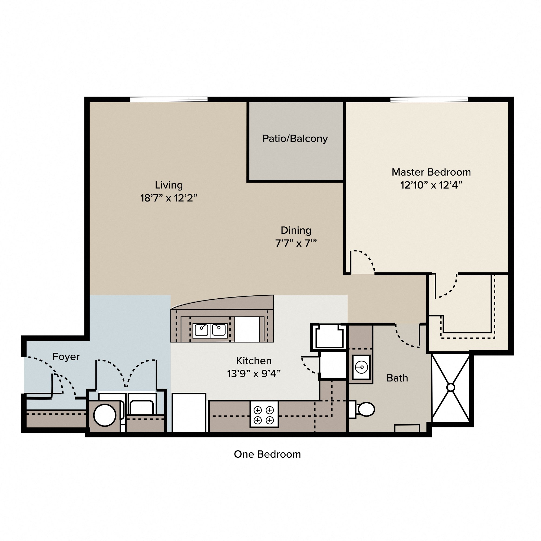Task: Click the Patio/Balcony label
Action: (x=295, y=138)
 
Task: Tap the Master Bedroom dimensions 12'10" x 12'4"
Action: (x=431, y=185)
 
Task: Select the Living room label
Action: (x=169, y=185)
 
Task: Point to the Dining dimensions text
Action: (x=296, y=243)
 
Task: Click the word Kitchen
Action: (x=254, y=361)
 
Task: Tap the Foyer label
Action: (x=66, y=357)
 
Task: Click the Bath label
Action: (x=397, y=378)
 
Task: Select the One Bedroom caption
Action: (x=267, y=454)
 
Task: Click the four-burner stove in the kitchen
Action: (x=264, y=414)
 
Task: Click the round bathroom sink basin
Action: (x=361, y=367)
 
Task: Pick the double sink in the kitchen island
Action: (x=210, y=331)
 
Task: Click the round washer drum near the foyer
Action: (x=104, y=415)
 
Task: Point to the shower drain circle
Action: (x=451, y=388)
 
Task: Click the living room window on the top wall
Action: (x=169, y=99)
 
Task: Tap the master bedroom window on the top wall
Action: (x=429, y=99)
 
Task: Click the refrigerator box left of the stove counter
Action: (x=189, y=413)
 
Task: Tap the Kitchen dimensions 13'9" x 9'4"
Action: (x=254, y=374)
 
